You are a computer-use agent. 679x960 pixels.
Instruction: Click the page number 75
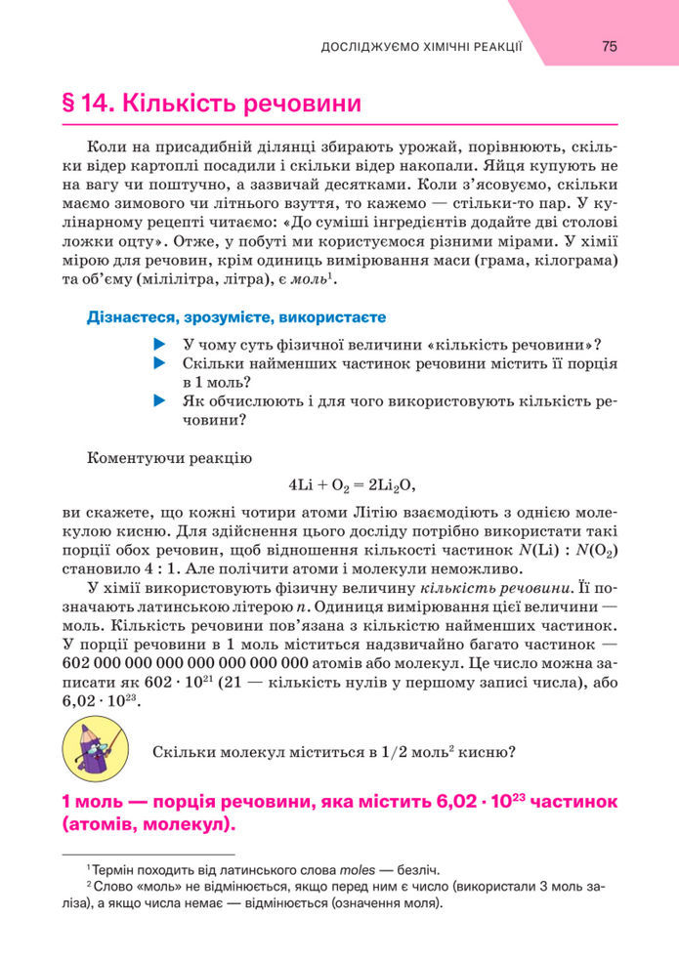pos(609,46)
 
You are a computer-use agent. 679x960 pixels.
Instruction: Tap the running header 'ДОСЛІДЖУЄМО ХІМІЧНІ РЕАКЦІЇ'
pos(422,47)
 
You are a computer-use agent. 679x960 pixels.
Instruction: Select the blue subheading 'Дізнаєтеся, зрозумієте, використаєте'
pos(236,317)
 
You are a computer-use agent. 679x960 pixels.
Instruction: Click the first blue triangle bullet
pos(160,345)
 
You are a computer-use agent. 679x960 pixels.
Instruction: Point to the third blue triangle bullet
pos(160,401)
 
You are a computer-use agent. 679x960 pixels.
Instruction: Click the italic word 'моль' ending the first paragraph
pos(310,280)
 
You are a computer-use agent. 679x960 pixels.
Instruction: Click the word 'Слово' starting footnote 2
pos(113,886)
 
